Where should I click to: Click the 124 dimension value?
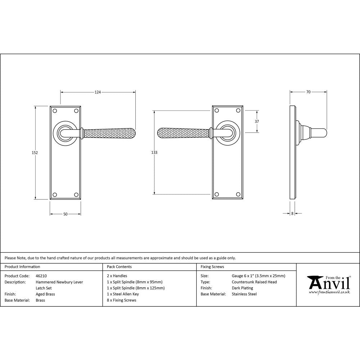coord(98,92)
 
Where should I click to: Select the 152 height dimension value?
coord(35,153)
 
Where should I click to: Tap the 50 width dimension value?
coord(65,214)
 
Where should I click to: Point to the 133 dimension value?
coord(154,153)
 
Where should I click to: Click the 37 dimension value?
coord(257,121)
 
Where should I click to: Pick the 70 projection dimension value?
coord(308,92)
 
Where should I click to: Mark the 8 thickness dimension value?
coord(292,213)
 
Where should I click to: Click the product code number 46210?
coord(41,276)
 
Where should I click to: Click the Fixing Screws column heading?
coord(212,267)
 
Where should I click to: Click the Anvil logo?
coord(328,283)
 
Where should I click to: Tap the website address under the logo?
coord(329,292)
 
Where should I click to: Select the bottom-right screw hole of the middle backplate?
coord(238,194)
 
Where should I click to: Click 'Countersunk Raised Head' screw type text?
coord(254,282)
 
